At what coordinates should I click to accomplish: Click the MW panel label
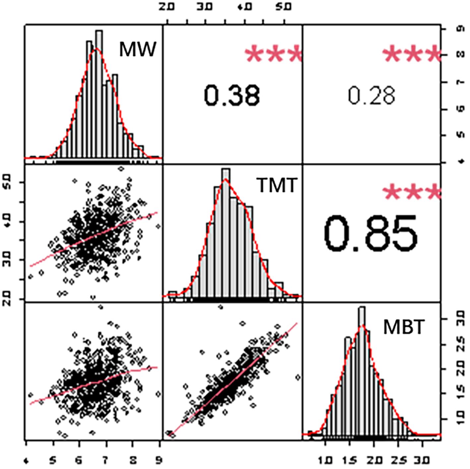[x=137, y=50]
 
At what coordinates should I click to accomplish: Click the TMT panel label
[x=276, y=186]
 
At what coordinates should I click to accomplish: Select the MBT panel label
[x=404, y=327]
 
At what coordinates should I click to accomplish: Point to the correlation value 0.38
[x=232, y=95]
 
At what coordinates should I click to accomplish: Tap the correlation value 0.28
[x=371, y=96]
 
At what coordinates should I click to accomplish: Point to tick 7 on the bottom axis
[x=106, y=460]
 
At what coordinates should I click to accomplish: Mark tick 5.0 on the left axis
[x=9, y=182]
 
